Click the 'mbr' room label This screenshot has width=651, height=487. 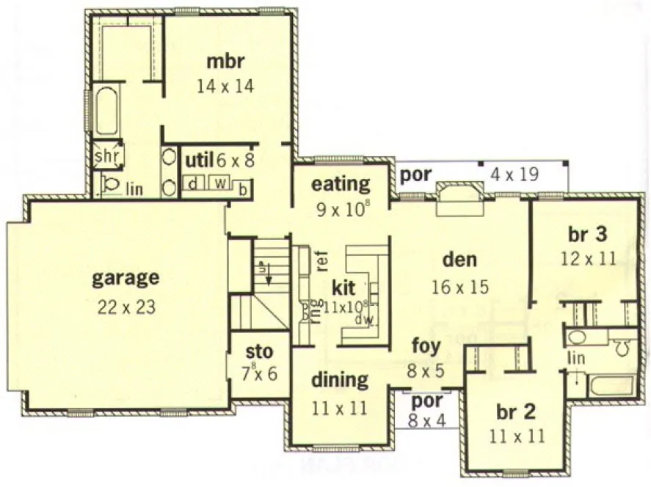click(x=225, y=60)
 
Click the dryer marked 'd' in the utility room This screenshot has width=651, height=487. click(x=192, y=182)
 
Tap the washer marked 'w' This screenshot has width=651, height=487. click(x=219, y=182)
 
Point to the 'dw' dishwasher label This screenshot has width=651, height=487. click(x=360, y=320)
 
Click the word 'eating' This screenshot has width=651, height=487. click(x=340, y=183)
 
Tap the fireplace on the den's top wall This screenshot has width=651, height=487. click(x=458, y=199)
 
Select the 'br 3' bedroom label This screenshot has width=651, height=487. click(x=587, y=235)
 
